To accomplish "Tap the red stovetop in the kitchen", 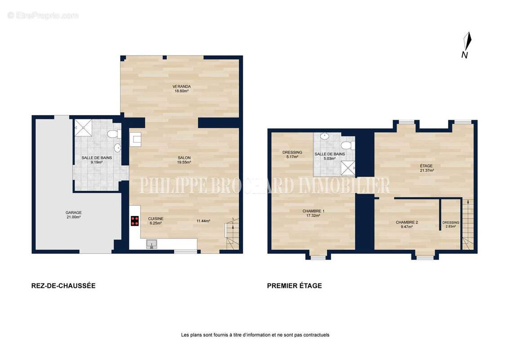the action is click(135, 221).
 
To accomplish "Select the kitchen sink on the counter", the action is click(152, 244).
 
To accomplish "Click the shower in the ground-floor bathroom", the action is click(84, 128).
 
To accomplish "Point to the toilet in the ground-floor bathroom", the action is click(114, 134).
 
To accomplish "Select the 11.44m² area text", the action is click(203, 221).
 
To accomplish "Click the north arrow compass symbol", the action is click(466, 45).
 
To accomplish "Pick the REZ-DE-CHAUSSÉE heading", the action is click(63, 286).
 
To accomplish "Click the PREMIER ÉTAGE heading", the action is click(295, 286).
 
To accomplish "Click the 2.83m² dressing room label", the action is click(451, 225).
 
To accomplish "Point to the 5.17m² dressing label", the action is click(292, 154).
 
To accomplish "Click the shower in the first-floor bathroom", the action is click(348, 168).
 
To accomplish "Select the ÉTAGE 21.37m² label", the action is click(426, 168).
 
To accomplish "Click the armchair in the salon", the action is click(135, 139).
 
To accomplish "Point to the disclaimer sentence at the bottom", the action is click(255, 335).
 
